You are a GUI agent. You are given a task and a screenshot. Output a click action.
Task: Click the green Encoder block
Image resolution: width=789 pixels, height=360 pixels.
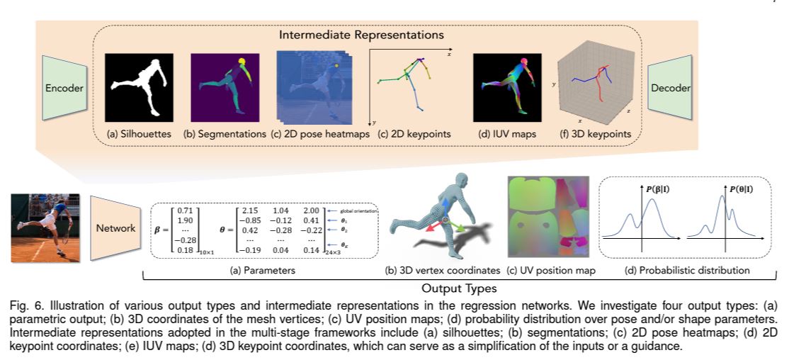click(x=64, y=89)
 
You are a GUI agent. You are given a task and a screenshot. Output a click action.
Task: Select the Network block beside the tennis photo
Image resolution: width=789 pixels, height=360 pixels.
click(x=115, y=229)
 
